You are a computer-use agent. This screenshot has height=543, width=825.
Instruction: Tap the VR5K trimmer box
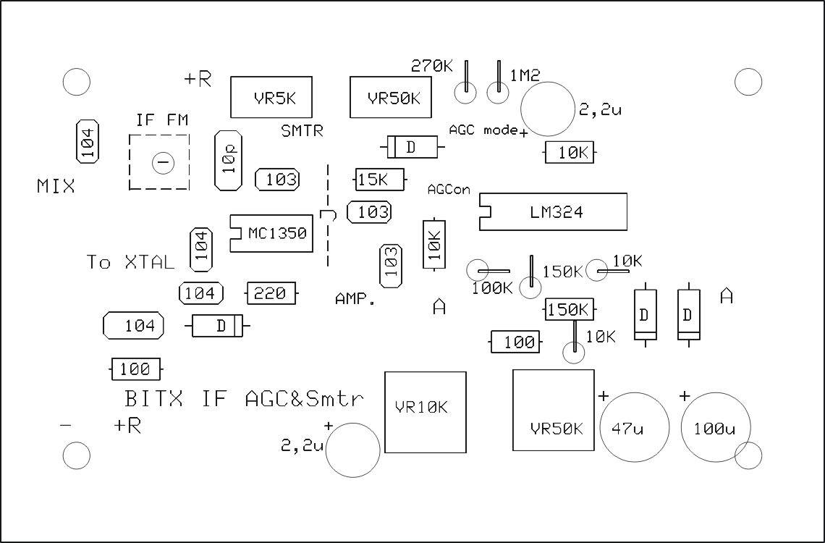coord(271,97)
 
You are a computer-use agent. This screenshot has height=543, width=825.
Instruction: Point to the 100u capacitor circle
coord(714,428)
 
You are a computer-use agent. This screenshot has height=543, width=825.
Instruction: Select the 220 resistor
coord(271,293)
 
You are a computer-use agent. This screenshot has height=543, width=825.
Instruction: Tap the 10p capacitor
coord(229,161)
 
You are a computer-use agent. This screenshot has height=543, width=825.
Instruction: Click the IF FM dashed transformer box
coord(160,162)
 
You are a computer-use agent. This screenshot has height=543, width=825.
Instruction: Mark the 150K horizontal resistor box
coord(570,309)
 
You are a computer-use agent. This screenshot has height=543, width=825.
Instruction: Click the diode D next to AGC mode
coord(411,147)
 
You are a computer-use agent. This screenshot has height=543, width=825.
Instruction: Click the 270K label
coord(432,67)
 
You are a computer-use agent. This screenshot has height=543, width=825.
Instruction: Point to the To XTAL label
coord(130,262)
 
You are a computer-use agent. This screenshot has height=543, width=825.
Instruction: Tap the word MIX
coord(56,187)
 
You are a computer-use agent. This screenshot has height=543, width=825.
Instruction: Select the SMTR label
coord(302,131)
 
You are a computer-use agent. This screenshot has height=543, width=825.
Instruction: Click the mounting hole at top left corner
coord(76,82)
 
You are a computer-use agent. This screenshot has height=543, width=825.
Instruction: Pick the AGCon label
coord(449,190)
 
